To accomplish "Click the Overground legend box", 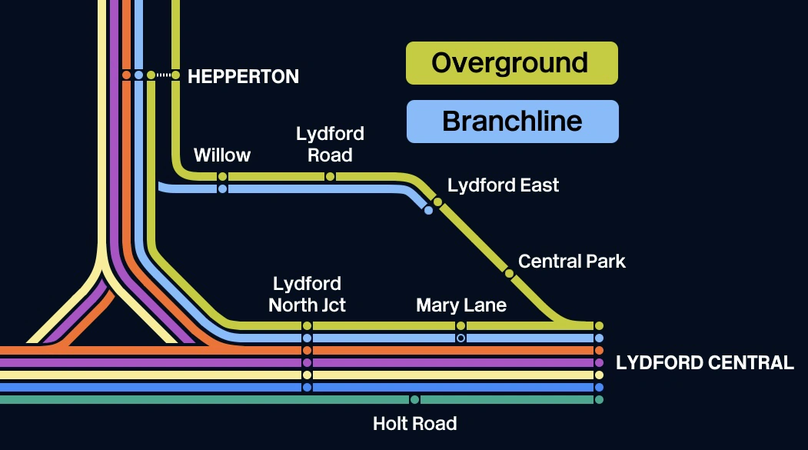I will click(511, 63).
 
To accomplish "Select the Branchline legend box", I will click(512, 122).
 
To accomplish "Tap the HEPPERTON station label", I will click(243, 76).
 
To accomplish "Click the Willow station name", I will click(222, 155).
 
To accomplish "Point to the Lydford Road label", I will click(330, 145).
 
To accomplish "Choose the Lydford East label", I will click(503, 185).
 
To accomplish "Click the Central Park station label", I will click(571, 262).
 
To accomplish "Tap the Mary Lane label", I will click(461, 305).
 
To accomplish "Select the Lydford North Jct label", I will click(307, 295).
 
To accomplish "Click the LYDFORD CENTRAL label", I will click(705, 363).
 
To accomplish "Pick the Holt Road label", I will click(414, 424).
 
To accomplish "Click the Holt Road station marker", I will click(414, 399).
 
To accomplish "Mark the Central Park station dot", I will click(509, 272).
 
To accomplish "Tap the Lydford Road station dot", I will click(330, 176).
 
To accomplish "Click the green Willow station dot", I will click(222, 176).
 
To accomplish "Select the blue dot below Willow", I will click(222, 188).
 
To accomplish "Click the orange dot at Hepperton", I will click(126, 75).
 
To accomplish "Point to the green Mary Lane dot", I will click(461, 325).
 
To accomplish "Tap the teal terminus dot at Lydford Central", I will click(599, 399).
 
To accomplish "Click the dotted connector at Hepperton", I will click(163, 75).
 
